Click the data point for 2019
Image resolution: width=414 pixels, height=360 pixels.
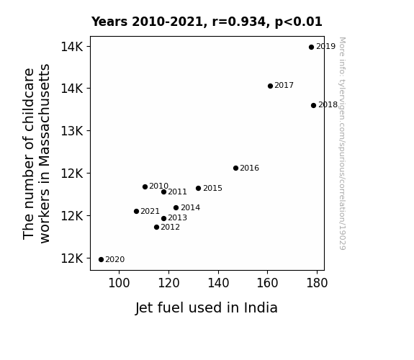(311, 47)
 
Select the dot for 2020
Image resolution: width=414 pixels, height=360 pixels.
(101, 260)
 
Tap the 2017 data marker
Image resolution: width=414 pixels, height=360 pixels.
(270, 86)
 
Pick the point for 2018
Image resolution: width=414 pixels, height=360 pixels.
(313, 105)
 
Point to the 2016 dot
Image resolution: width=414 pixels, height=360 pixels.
(235, 168)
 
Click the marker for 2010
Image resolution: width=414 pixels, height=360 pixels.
(145, 186)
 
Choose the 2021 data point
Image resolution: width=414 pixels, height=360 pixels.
(136, 211)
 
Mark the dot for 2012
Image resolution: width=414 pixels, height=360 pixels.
(156, 227)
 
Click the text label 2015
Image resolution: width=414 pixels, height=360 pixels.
(212, 189)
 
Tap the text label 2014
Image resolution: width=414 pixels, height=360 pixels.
(190, 208)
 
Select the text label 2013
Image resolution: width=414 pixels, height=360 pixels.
(177, 218)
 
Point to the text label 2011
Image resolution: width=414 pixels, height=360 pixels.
(177, 192)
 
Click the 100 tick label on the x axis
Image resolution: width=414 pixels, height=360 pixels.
(119, 283)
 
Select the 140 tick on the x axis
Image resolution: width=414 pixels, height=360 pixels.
(218, 283)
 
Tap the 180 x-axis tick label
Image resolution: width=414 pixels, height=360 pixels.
(317, 283)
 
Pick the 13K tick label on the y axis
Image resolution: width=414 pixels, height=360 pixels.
(72, 131)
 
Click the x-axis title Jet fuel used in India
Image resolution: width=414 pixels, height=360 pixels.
(206, 308)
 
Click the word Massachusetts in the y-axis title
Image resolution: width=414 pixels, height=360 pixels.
(44, 115)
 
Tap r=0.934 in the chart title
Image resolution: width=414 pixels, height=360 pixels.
(239, 22)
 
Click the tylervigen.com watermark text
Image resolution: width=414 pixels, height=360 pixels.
(342, 143)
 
